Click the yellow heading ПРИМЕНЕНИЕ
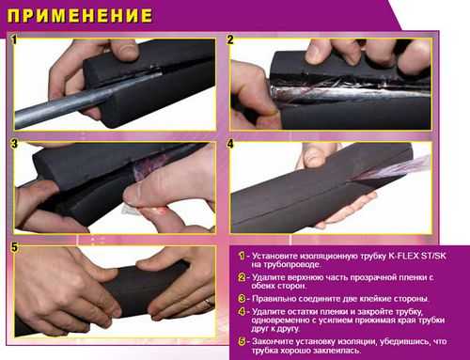coord(80,16)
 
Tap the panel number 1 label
coord(14,39)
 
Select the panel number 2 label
coord(230,39)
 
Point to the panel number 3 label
coord(14,144)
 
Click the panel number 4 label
coord(230,144)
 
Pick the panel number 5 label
coord(15,247)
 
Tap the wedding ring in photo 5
coord(209,303)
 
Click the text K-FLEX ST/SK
coord(417,256)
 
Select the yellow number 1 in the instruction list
coord(242,256)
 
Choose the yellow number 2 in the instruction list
coord(242,277)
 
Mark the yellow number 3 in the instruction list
coord(242,299)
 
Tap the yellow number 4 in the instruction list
coord(242,312)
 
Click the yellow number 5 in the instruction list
coord(242,341)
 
